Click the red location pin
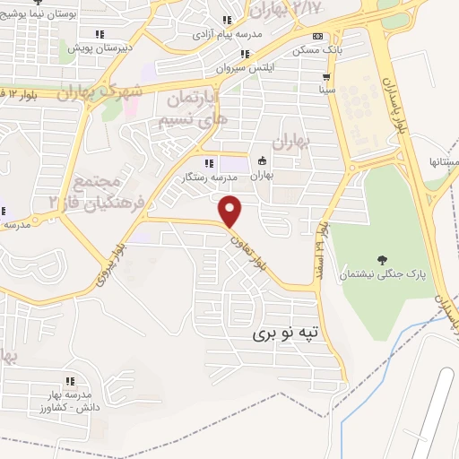coord(231,211)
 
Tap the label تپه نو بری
coord(283,333)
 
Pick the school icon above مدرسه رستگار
coord(209,163)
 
